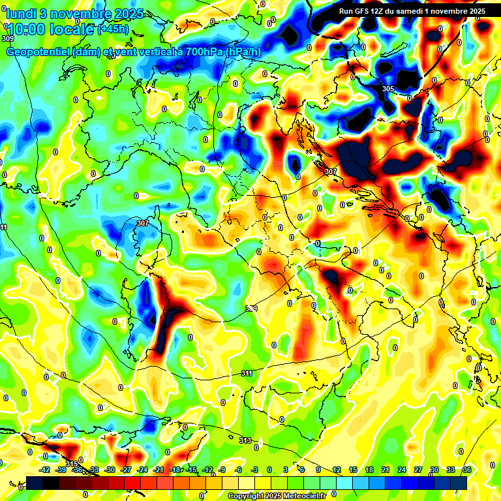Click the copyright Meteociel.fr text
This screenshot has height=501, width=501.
pyautogui.click(x=277, y=496)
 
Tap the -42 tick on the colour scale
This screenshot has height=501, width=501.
pyautogui.click(x=45, y=470)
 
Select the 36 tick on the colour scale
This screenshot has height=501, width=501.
pyautogui.click(x=466, y=470)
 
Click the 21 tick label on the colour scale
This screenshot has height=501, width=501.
pyautogui.click(x=386, y=470)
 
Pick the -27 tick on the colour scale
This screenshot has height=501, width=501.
pyautogui.click(x=126, y=470)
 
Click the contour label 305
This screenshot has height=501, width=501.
pyautogui.click(x=388, y=89)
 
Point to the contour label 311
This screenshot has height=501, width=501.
pyautogui.click(x=247, y=374)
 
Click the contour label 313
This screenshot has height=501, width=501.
pyautogui.click(x=245, y=441)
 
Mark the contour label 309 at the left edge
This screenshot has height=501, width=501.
pyautogui.click(x=7, y=39)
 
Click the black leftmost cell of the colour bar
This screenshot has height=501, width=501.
pyautogui.click(x=35, y=483)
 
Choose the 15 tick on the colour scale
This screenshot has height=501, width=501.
pyautogui.click(x=353, y=470)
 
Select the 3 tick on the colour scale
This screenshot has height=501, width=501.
pyautogui.click(x=286, y=470)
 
